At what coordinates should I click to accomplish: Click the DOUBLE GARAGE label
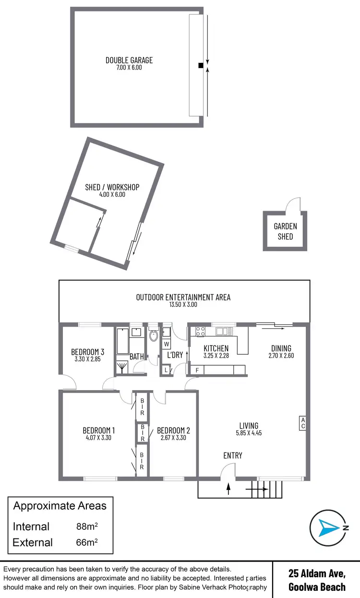(129, 60)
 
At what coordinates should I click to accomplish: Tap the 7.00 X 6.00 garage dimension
(129, 68)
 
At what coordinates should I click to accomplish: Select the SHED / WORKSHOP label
(112, 187)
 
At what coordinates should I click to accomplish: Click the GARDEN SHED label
(285, 231)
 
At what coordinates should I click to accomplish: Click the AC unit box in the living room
(302, 423)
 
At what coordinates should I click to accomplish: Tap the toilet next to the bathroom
(153, 335)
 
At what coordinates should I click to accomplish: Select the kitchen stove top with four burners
(201, 331)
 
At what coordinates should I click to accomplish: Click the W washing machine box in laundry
(166, 344)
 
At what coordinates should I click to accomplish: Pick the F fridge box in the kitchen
(196, 370)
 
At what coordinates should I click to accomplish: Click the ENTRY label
(233, 455)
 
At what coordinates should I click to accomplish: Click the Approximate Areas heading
(60, 505)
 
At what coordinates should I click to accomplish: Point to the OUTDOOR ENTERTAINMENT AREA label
(183, 297)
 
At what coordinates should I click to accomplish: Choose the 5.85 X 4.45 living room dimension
(249, 432)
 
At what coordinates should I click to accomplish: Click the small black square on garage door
(200, 66)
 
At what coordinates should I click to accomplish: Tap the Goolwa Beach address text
(317, 587)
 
